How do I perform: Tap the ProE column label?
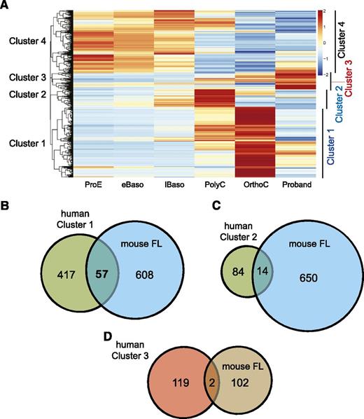[92, 186]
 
